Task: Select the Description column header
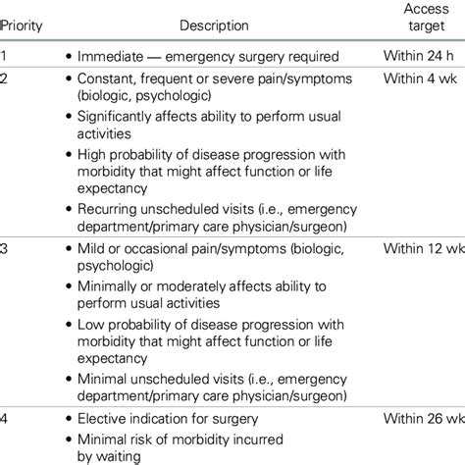[214, 26]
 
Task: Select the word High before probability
[93, 155]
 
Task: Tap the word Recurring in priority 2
[110, 213]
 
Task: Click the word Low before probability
[92, 329]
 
